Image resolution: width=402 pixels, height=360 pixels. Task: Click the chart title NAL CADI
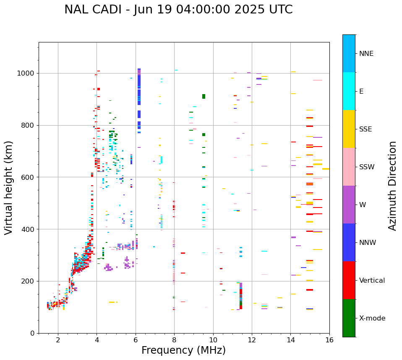coord(178,10)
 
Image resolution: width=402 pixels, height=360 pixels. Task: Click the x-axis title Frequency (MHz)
coord(183,350)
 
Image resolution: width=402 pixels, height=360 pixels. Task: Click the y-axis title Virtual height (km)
coord(9,188)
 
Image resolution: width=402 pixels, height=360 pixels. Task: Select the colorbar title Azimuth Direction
coord(392,186)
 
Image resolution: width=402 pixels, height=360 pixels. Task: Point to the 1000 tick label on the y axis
coord(26,74)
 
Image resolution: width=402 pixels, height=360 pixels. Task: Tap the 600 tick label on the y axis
coord(28,177)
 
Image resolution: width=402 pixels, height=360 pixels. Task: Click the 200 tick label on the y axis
coord(28,281)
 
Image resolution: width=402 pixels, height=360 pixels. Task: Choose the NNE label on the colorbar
coord(366,54)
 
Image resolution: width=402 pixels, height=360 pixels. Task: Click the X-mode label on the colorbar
coord(372,318)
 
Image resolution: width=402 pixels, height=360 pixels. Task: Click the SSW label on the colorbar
coord(366,167)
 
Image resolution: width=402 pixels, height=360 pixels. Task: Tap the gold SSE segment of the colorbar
coord(349,129)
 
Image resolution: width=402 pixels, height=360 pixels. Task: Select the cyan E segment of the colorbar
coord(349,91)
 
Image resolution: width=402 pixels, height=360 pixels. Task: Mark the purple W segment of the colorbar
coord(349,205)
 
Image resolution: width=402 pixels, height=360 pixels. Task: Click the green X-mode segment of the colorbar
coord(349,318)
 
